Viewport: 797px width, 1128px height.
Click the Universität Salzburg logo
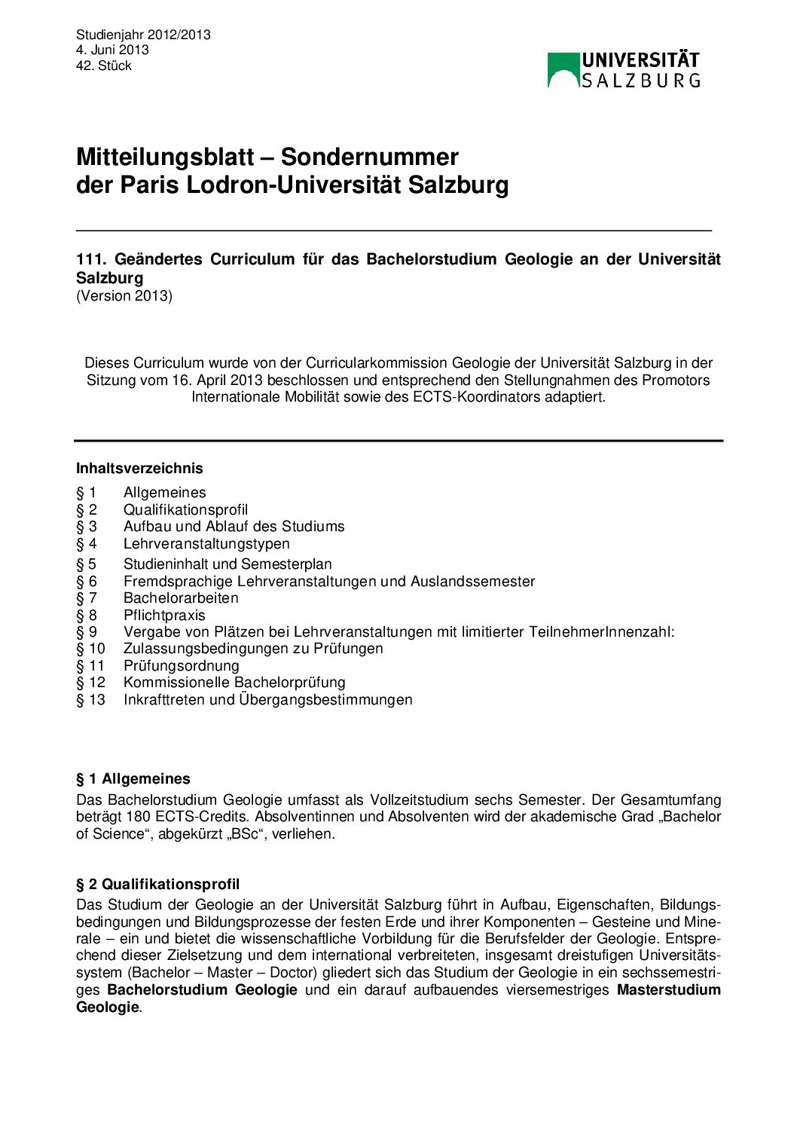pyautogui.click(x=623, y=70)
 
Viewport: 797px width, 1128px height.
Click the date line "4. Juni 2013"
pyautogui.click(x=112, y=50)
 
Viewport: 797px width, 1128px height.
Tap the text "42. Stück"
pyautogui.click(x=104, y=66)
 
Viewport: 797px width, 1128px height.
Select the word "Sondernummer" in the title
pyautogui.click(x=369, y=157)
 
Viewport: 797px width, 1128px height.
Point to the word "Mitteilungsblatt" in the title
pyautogui.click(x=165, y=157)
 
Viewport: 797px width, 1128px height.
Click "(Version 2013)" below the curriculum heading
pyautogui.click(x=124, y=296)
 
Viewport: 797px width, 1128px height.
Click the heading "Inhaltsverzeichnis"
pyautogui.click(x=139, y=468)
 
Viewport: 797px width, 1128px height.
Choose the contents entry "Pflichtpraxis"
pyautogui.click(x=164, y=615)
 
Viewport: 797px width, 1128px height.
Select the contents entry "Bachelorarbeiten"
pyautogui.click(x=181, y=598)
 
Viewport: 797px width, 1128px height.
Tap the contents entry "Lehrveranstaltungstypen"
pyautogui.click(x=206, y=543)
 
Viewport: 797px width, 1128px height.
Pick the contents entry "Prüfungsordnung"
pyautogui.click(x=182, y=665)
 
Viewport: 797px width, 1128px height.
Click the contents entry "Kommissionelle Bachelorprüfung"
pyautogui.click(x=234, y=683)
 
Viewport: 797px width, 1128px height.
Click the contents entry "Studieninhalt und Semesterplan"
pyautogui.click(x=227, y=564)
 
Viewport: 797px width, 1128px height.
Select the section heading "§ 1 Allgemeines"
pyautogui.click(x=133, y=778)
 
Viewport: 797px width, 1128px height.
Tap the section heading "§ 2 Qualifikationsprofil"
pyautogui.click(x=158, y=884)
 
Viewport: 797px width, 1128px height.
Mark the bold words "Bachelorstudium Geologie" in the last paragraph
pyautogui.click(x=202, y=990)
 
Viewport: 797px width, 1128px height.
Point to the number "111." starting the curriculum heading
pyautogui.click(x=90, y=259)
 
